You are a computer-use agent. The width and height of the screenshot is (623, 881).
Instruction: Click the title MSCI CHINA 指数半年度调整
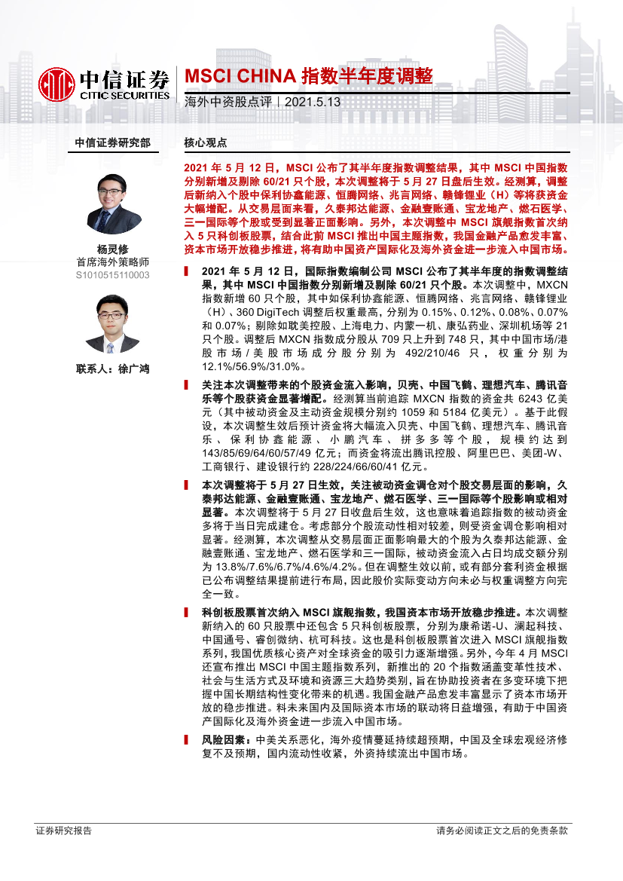coord(309,76)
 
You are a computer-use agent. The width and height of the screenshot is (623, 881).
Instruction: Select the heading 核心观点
coord(206,142)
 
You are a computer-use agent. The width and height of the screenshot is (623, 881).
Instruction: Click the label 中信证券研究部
coord(112,142)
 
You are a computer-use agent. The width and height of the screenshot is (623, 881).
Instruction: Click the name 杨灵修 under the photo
coord(113,249)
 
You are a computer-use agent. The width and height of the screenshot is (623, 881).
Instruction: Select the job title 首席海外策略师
coord(113,262)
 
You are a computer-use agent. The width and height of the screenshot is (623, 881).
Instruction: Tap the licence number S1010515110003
coord(113,276)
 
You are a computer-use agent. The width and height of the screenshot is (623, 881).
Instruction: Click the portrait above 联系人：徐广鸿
coord(114,324)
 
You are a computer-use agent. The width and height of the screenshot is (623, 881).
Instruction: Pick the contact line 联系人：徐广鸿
coord(113,369)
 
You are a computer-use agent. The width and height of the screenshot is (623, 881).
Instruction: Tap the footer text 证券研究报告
coord(64,831)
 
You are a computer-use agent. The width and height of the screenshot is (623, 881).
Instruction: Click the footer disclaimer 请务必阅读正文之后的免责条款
coord(502,831)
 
